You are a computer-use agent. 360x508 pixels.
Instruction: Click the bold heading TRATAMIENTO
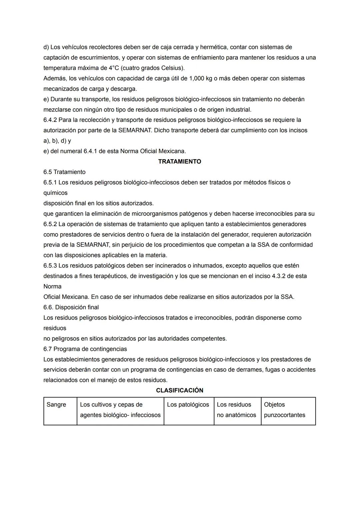click(179, 162)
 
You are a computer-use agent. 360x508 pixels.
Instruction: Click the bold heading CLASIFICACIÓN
click(179, 390)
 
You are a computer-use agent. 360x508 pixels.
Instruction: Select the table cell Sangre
click(56, 405)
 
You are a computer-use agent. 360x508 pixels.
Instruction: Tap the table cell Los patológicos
click(188, 405)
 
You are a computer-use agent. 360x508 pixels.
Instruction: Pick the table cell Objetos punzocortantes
click(284, 410)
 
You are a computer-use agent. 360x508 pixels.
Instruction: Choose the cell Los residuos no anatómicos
click(236, 410)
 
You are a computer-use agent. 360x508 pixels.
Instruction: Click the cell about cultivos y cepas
click(120, 410)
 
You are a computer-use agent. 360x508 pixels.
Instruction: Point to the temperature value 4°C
click(113, 68)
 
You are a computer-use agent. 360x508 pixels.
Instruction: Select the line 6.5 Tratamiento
click(64, 172)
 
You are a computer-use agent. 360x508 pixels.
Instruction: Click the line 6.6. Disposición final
click(71, 307)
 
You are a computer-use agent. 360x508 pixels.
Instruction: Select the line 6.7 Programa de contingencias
click(85, 349)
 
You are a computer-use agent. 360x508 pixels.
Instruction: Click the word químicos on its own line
click(55, 193)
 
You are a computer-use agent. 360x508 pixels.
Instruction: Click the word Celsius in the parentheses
click(171, 68)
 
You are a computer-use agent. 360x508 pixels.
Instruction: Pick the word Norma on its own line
click(52, 286)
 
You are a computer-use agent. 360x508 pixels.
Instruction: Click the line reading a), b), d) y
click(57, 141)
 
